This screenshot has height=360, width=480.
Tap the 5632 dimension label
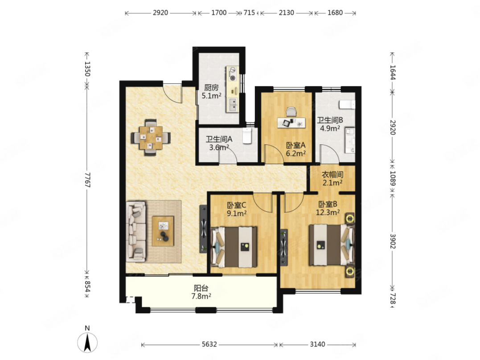[209, 344]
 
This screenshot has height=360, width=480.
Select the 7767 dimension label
[87, 180]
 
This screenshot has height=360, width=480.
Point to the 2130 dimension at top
[287, 12]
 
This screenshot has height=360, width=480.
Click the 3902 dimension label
[393, 241]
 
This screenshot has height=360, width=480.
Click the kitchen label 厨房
[211, 88]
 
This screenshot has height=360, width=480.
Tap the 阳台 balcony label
[201, 288]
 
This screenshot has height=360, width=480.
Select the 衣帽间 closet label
[332, 175]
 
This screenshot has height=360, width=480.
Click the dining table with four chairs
[151, 138]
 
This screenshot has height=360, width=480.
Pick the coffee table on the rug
[163, 231]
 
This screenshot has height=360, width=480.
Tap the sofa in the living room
[136, 232]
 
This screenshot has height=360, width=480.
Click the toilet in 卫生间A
[247, 136]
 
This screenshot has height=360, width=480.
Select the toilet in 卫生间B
[347, 105]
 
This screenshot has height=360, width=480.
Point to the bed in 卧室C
[234, 247]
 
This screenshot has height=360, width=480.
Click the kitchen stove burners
[233, 74]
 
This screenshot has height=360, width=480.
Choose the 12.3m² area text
[328, 212]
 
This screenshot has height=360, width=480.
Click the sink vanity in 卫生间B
[350, 140]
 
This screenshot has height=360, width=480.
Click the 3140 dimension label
[317, 344]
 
